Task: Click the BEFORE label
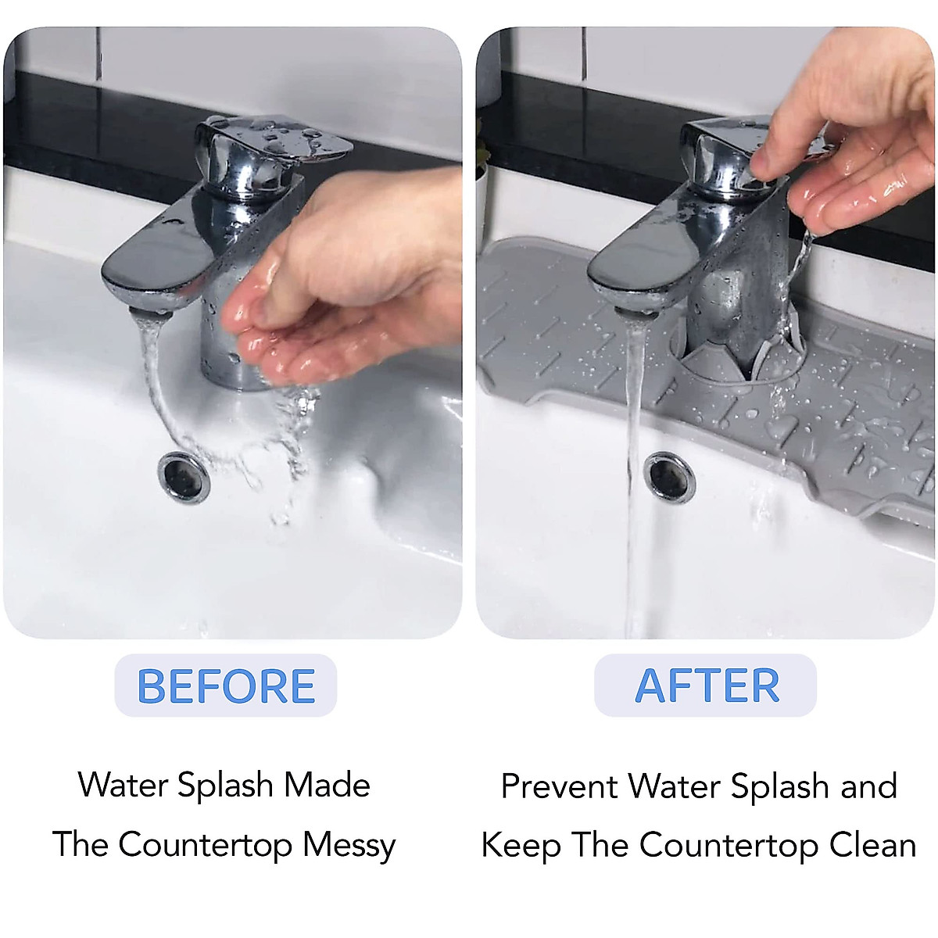pyautogui.click(x=225, y=686)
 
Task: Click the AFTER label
pyautogui.click(x=707, y=686)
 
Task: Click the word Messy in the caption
pyautogui.click(x=349, y=845)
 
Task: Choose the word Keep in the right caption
pyautogui.click(x=521, y=845)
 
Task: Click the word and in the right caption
pyautogui.click(x=868, y=786)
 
